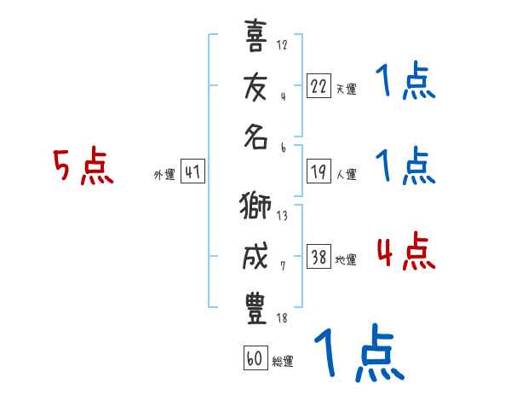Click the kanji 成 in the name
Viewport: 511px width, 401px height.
(256, 259)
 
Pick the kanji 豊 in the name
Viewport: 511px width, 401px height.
(256, 309)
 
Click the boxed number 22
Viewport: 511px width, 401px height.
(319, 86)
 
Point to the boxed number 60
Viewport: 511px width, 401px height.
(255, 357)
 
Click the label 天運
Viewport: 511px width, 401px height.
(346, 89)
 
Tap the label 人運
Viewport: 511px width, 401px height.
(346, 175)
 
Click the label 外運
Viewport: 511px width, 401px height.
(164, 175)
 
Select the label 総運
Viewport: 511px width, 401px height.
(283, 361)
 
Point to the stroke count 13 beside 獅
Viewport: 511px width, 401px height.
(282, 216)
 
